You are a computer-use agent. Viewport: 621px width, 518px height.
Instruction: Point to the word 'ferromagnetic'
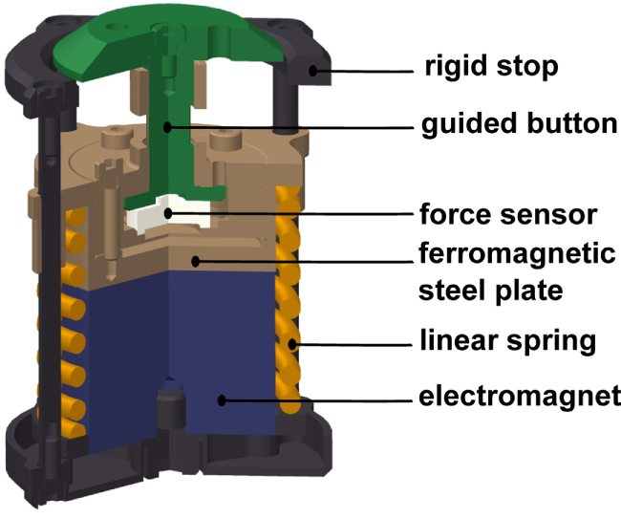(517, 254)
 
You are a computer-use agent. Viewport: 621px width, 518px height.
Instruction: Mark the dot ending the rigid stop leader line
(312, 69)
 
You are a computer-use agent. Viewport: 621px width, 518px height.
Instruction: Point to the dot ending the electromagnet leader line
(223, 400)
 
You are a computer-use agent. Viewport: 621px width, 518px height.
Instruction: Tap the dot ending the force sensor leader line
(169, 212)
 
